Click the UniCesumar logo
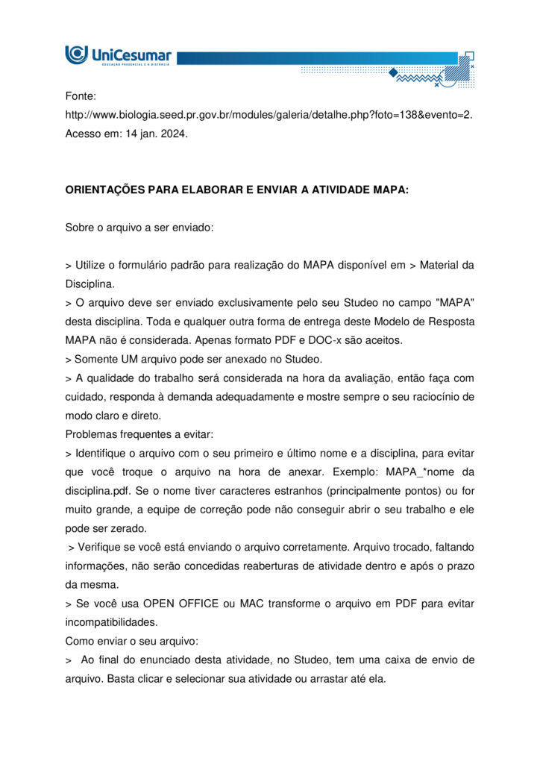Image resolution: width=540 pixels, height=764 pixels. click(x=118, y=55)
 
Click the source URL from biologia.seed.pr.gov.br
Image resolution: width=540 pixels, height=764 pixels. click(x=269, y=115)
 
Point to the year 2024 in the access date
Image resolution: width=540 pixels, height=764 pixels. click(x=175, y=134)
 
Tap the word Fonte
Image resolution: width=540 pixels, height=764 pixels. click(x=81, y=96)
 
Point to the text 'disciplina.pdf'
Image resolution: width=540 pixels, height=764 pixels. click(x=98, y=491)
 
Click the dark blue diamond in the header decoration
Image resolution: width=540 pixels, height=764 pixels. click(x=393, y=72)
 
